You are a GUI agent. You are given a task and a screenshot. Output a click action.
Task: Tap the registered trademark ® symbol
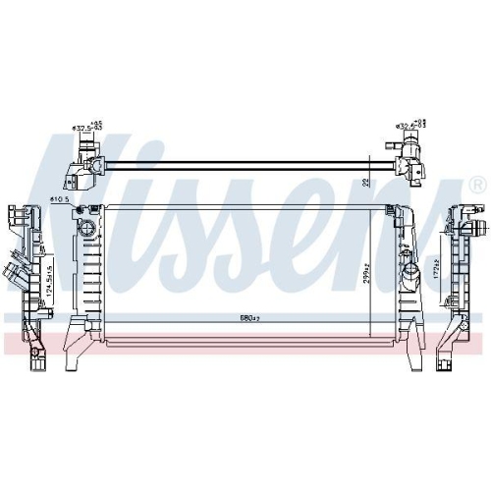pyautogui.click(x=477, y=185)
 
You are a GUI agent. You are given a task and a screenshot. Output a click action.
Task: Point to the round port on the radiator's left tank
pyautogui.click(x=87, y=229)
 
